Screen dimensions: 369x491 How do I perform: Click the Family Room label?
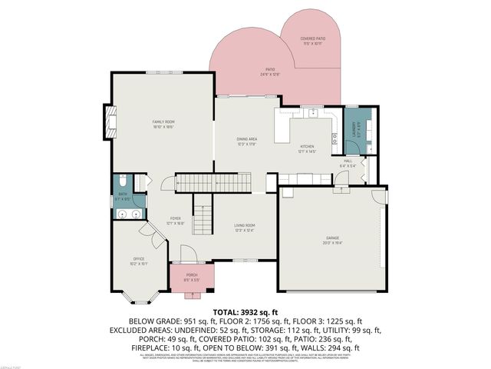(163, 122)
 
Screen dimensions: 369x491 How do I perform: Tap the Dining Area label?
(246, 138)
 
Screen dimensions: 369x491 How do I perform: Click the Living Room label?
(244, 225)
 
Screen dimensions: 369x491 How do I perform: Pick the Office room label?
(138, 258)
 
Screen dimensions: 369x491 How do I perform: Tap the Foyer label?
(176, 218)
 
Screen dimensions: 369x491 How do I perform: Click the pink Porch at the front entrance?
(191, 278)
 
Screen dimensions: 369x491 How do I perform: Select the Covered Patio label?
(312, 38)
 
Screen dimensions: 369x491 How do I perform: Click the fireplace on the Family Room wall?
(111, 122)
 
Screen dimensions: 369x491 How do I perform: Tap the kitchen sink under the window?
(313, 114)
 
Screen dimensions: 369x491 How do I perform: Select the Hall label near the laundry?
(348, 161)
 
